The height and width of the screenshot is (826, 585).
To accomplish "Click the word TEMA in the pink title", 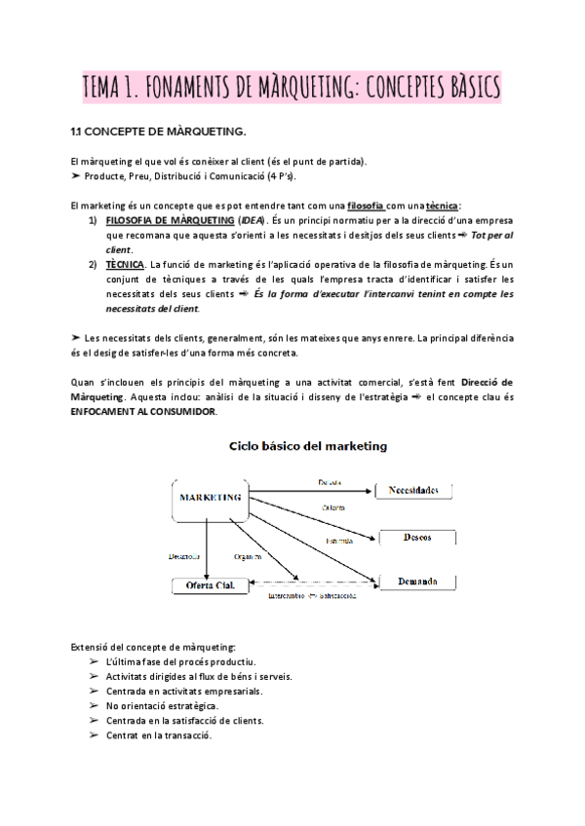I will pos(109,88).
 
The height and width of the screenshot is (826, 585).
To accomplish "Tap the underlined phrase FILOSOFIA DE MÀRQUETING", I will pos(163,221).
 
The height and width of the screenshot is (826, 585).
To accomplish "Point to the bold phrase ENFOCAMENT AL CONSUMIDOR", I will pos(144,412).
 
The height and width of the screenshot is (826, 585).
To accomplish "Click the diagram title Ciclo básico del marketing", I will pos(307,446).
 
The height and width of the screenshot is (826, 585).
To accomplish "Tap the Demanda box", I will pos(416,582).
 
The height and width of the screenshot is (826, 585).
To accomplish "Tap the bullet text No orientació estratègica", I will pos(163,704).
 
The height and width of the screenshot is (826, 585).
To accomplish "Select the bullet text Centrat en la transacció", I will pos(159,734).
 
